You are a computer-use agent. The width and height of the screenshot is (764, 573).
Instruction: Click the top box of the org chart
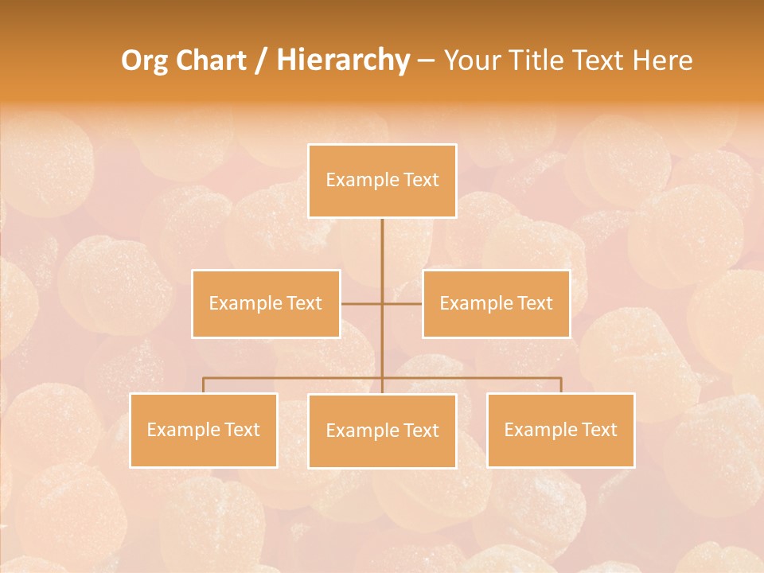coord(382,181)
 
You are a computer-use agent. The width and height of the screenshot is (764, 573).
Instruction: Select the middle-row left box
coord(266,303)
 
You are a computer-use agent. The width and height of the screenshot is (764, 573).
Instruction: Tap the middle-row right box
coord(496,303)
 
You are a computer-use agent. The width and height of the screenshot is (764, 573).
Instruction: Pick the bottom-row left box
coord(203,430)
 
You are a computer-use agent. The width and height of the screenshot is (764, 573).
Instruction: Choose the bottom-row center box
coord(382,431)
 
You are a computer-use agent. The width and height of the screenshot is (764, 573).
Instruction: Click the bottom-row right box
coord(560,430)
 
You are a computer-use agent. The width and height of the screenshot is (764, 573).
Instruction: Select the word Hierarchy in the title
coord(342,60)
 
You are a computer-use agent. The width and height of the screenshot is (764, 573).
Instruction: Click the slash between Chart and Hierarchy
coord(260,60)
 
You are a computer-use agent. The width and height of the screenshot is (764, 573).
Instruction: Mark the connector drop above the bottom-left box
coord(203,385)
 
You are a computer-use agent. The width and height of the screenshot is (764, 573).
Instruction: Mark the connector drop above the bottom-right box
coord(560,385)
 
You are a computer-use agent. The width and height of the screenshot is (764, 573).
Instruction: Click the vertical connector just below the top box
coord(382,239)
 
